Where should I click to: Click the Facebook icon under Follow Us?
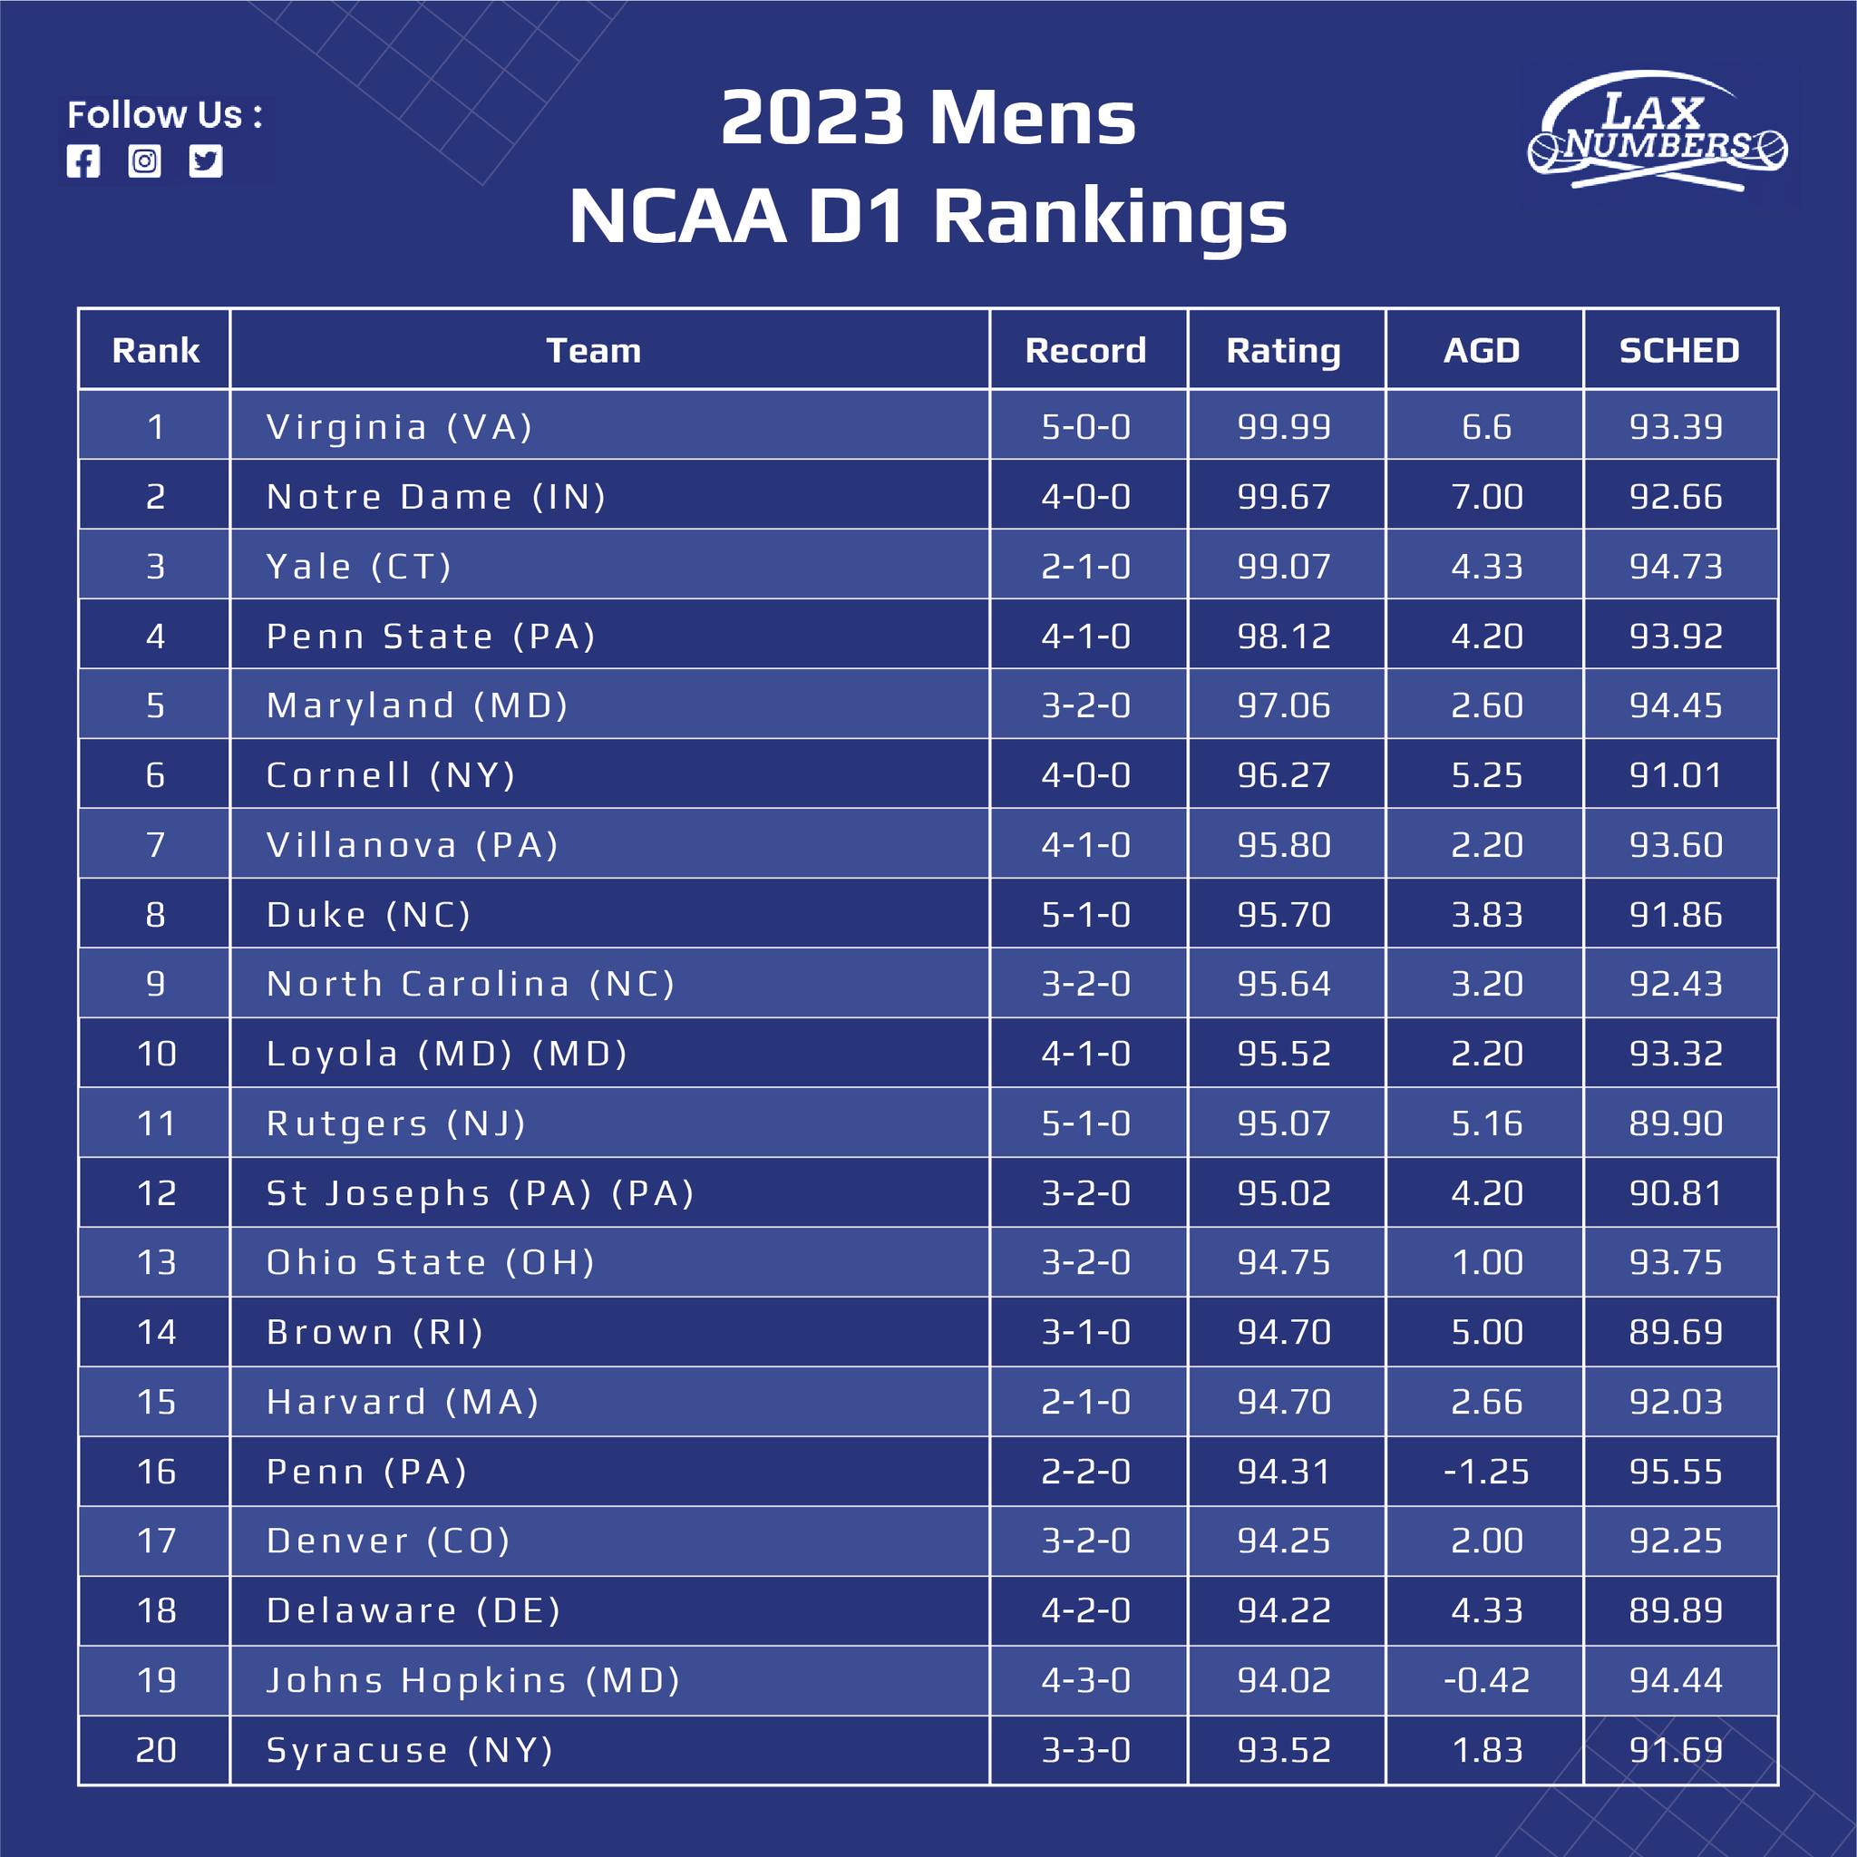click(x=83, y=161)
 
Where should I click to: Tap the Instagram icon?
click(x=144, y=161)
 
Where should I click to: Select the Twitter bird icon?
click(x=206, y=161)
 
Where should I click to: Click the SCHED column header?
click(x=1679, y=350)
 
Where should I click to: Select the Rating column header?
click(x=1283, y=351)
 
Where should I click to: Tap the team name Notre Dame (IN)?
click(x=436, y=497)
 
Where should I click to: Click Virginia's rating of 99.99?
click(x=1284, y=427)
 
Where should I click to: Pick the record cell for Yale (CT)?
click(x=1086, y=566)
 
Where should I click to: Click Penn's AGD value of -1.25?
click(x=1486, y=1472)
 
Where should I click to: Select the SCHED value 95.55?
click(x=1676, y=1472)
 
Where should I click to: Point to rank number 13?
click(x=157, y=1262)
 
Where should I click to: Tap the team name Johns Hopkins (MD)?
click(x=473, y=1680)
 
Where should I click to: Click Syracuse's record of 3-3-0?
click(x=1086, y=1749)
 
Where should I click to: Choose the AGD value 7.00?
click(x=1486, y=497)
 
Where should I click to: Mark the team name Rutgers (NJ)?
click(x=396, y=1123)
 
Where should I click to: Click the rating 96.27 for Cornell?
click(x=1284, y=774)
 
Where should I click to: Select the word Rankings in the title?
click(x=1110, y=219)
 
